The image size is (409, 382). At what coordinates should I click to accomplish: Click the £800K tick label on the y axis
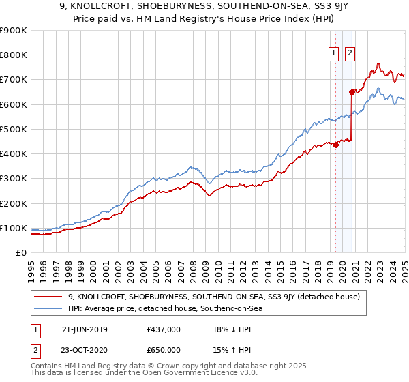(x=14, y=55)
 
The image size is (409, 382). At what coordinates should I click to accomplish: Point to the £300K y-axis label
(x=14, y=178)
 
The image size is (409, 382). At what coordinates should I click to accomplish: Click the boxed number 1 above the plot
(x=334, y=54)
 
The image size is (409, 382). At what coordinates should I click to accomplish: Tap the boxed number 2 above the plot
(x=350, y=54)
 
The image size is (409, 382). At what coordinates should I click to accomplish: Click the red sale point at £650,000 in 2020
(x=352, y=92)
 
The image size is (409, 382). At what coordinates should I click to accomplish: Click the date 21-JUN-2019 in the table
(x=85, y=329)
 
